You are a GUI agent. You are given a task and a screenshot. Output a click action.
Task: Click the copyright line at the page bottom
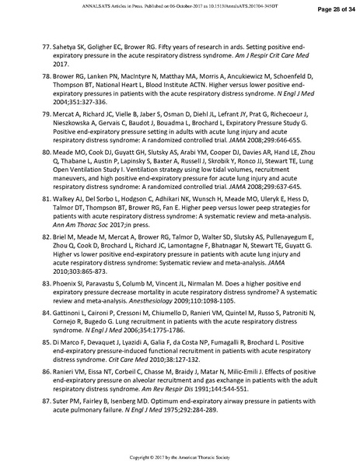click(180, 456)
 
